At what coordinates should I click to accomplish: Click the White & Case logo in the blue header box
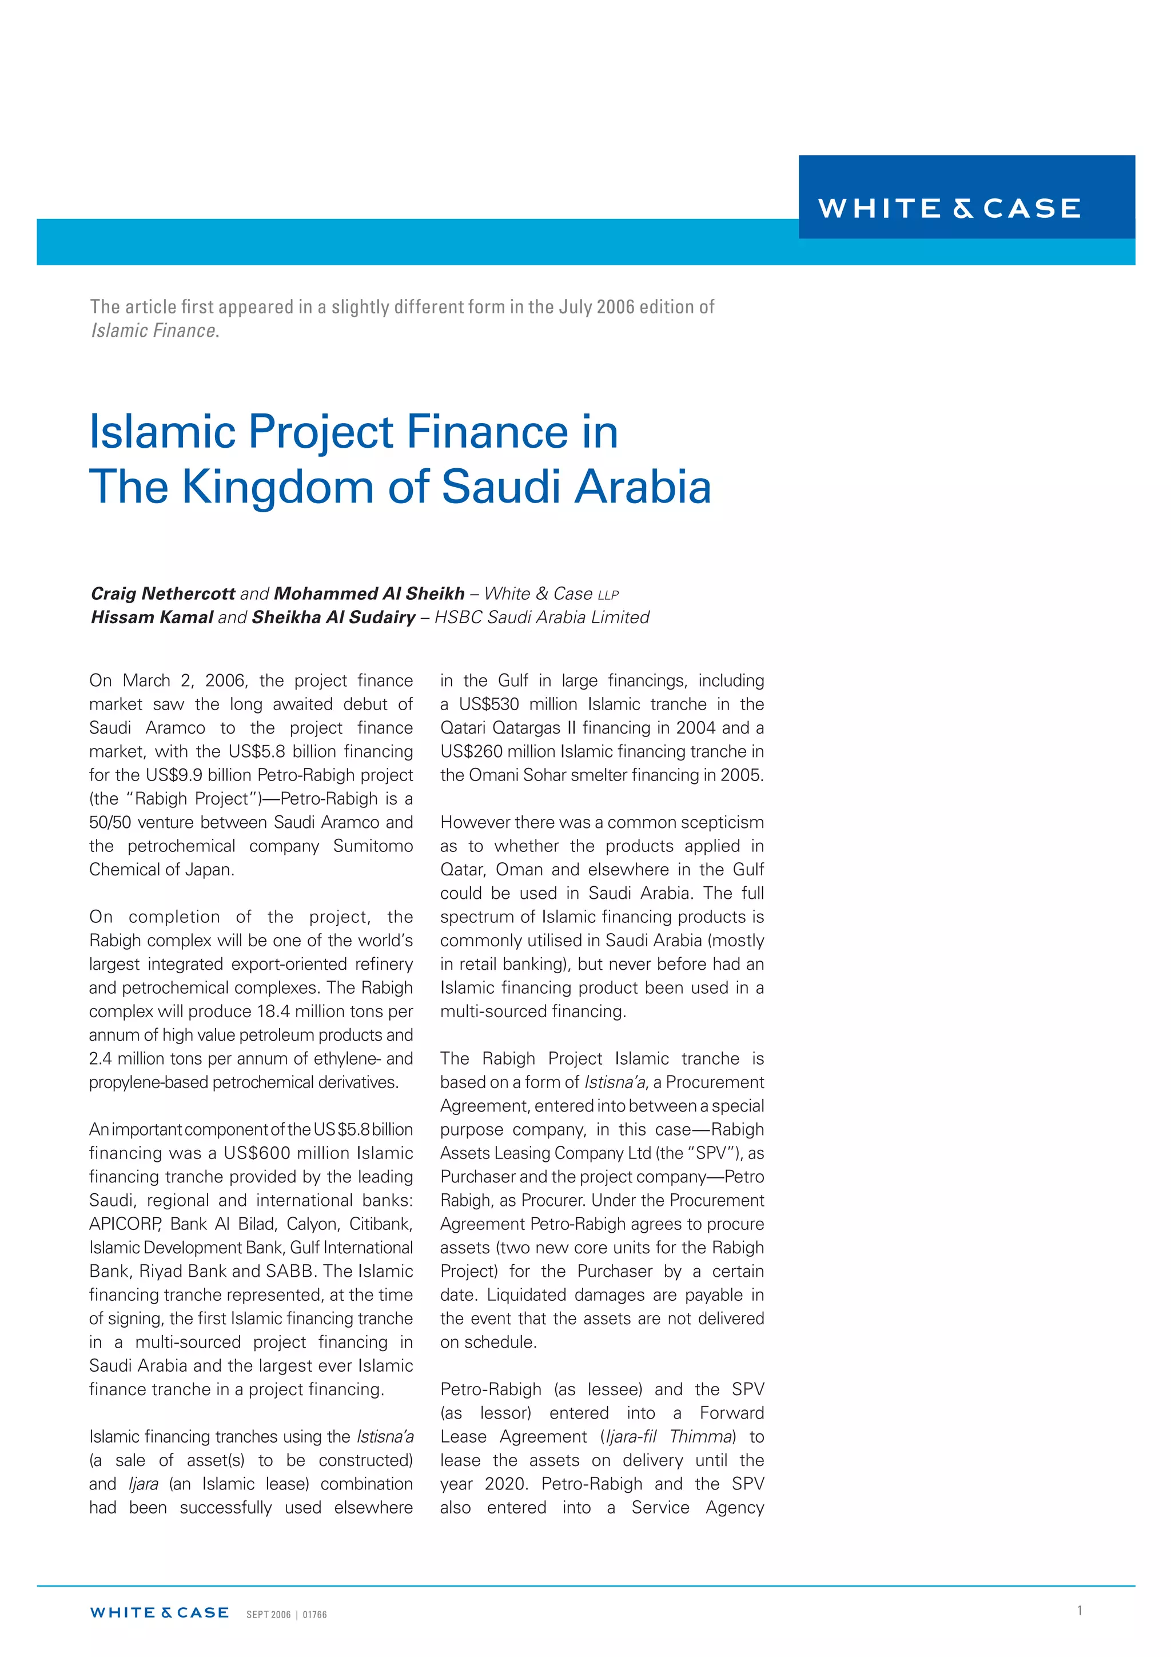click(x=949, y=208)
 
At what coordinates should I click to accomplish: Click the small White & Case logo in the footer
click(x=159, y=1612)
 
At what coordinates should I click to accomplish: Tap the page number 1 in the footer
click(x=1080, y=1610)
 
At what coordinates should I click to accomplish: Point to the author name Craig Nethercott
click(x=162, y=594)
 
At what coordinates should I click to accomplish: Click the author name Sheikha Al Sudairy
click(x=333, y=617)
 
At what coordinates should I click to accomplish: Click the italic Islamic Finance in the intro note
click(x=154, y=330)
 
